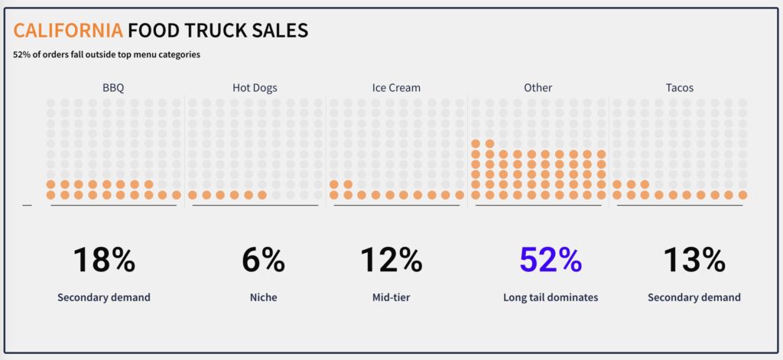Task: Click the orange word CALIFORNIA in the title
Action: [x=68, y=31]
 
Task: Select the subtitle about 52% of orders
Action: [x=106, y=54]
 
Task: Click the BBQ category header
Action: [x=113, y=88]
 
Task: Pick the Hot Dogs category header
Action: [x=255, y=88]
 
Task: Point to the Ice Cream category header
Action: [x=396, y=88]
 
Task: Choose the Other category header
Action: [x=538, y=88]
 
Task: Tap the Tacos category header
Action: [x=679, y=88]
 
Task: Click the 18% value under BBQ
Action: [x=104, y=260]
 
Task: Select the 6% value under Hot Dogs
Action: [x=263, y=260]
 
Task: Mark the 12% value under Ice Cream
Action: [x=391, y=260]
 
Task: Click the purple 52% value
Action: [x=551, y=260]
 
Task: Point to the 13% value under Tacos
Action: [x=694, y=260]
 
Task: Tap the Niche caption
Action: [x=263, y=297]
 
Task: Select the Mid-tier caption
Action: [x=391, y=297]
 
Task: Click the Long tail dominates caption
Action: [x=551, y=297]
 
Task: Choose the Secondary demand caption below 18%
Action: [x=104, y=297]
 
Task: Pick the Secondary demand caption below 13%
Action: [x=694, y=297]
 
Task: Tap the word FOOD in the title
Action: [x=151, y=31]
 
